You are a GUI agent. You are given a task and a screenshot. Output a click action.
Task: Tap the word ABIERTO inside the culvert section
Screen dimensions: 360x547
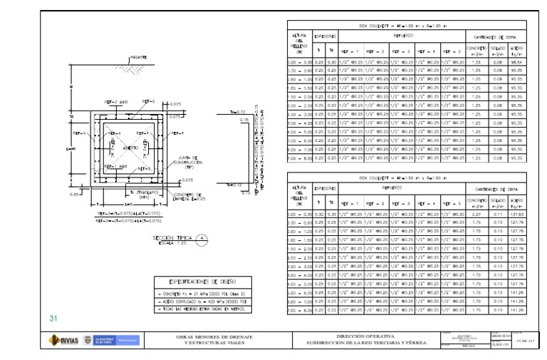tap(130, 148)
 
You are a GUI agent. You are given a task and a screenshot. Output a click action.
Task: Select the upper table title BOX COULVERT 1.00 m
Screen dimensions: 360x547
tap(403, 25)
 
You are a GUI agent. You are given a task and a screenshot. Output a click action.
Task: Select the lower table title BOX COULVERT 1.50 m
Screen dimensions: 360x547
tap(403, 176)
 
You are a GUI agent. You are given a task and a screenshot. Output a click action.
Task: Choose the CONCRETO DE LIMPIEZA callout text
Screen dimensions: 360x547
tap(186, 196)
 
